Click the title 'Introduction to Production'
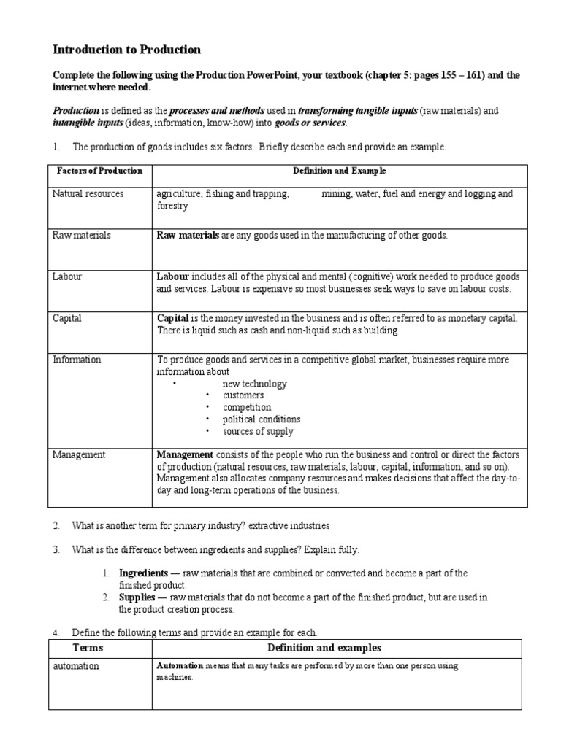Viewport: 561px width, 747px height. point(126,50)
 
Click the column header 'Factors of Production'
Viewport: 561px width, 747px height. point(99,171)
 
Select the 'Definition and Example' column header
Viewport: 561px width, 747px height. point(339,171)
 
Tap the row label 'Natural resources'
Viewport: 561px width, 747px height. point(88,194)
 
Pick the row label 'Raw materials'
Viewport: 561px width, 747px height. point(81,236)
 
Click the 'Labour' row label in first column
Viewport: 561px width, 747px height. point(66,277)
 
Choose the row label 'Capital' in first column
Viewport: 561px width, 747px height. point(67,319)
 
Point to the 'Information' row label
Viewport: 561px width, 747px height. point(77,360)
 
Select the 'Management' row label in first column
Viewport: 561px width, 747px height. point(79,455)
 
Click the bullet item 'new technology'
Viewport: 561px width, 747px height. point(254,384)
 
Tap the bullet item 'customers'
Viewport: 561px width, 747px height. point(243,395)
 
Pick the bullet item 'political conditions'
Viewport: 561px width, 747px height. point(262,419)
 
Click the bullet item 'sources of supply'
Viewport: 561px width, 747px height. point(257,431)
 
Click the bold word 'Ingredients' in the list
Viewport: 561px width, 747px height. point(143,573)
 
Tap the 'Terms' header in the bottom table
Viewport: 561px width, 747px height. point(88,649)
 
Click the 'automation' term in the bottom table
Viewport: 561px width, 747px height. point(76,667)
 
